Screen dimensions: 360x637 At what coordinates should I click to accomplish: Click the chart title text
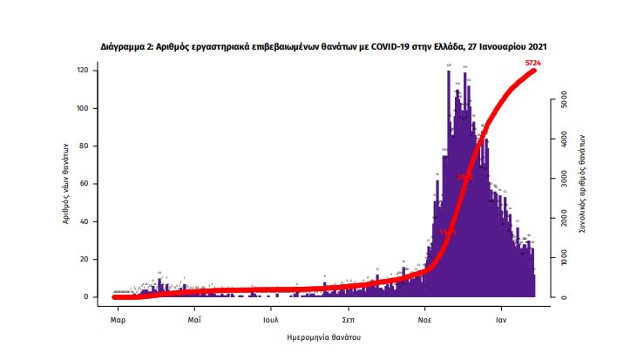[323, 45]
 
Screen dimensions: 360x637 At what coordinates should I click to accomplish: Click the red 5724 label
[535, 64]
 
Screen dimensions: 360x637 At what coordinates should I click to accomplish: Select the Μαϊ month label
[194, 319]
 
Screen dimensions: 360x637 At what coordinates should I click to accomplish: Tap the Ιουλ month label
[271, 319]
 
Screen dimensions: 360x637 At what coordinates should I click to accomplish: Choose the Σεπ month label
[348, 319]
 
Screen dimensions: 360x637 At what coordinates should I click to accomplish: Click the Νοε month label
[424, 319]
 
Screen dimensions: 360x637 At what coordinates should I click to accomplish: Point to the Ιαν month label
[501, 319]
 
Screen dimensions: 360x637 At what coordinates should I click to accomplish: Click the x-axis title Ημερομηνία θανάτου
[323, 336]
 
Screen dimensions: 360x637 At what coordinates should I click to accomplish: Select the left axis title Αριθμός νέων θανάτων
[65, 183]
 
